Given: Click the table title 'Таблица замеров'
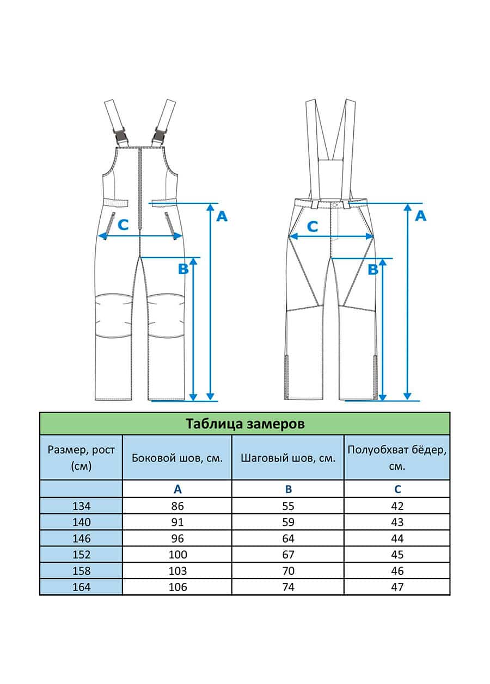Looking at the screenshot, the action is [x=245, y=424].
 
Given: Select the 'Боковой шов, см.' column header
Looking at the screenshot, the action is [x=177, y=458].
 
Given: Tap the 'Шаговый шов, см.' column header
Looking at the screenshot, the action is [x=288, y=458].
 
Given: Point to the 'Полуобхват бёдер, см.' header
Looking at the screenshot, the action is [x=397, y=458].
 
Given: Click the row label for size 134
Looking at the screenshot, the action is [x=82, y=506].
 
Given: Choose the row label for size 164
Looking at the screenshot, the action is [x=82, y=587].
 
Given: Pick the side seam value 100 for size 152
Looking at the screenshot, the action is [x=177, y=555].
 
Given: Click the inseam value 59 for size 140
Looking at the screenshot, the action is [x=288, y=522].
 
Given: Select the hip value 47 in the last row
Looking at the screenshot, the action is [x=397, y=587].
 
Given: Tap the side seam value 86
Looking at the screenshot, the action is [x=177, y=506].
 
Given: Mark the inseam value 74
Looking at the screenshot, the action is [x=288, y=587].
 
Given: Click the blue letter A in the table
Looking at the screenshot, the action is [x=177, y=489].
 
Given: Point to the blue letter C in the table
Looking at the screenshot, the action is [x=397, y=489].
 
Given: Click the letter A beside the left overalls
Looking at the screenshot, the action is [x=222, y=216].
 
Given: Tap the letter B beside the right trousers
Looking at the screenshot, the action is [x=373, y=269].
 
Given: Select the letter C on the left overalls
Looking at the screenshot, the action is [x=123, y=225].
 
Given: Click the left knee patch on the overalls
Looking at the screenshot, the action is [x=114, y=316].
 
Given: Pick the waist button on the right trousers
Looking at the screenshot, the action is [x=334, y=204].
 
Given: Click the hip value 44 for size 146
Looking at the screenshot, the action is [x=397, y=538].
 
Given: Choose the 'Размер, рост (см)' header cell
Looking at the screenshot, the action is [x=81, y=458].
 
